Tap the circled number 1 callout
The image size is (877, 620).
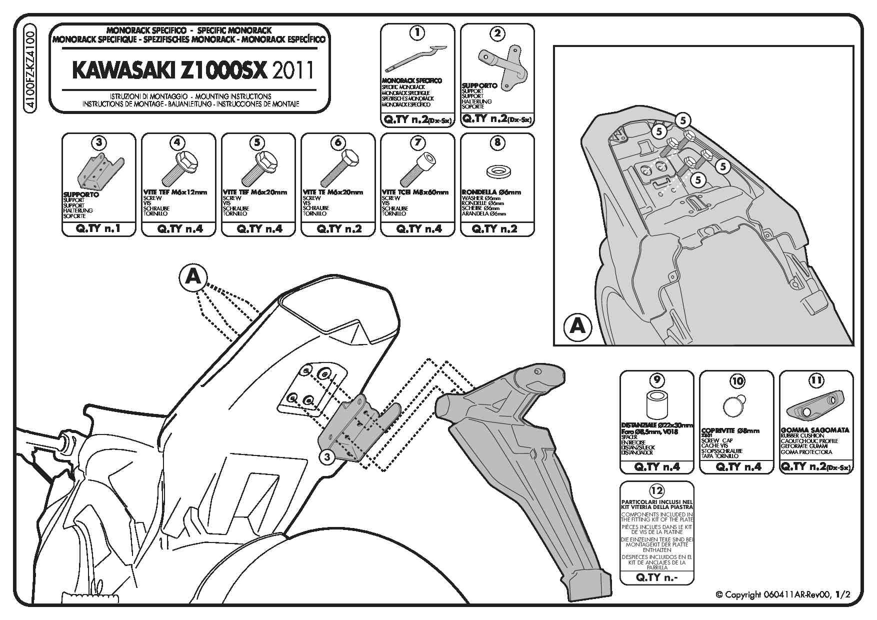click(x=417, y=33)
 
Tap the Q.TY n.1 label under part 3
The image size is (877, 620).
click(x=98, y=229)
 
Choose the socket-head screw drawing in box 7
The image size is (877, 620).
click(x=417, y=170)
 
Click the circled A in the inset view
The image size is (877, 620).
click(x=577, y=326)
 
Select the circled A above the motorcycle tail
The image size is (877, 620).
click(x=193, y=276)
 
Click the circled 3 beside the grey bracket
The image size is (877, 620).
click(x=326, y=456)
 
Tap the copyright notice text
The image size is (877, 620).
click(x=782, y=594)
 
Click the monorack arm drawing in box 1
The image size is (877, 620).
click(x=416, y=59)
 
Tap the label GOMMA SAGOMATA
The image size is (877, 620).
click(x=814, y=430)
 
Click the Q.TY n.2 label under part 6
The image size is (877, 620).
click(x=337, y=229)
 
